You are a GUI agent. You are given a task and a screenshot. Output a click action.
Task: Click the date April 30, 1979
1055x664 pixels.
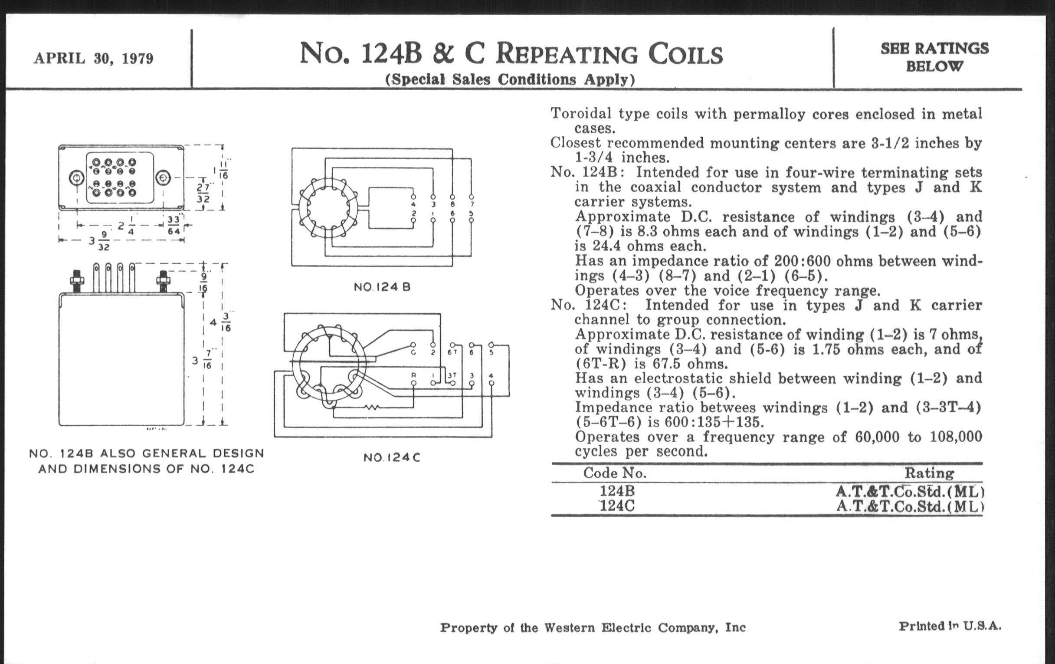93,58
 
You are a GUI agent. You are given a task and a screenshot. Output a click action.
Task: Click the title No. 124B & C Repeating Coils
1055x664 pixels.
511,54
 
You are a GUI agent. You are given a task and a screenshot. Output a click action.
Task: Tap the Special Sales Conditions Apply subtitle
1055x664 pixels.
510,79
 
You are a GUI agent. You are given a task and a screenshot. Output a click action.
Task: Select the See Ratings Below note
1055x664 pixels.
934,57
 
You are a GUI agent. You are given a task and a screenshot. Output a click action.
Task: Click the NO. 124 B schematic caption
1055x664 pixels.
382,287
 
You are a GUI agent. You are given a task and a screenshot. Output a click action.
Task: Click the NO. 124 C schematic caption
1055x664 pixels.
392,457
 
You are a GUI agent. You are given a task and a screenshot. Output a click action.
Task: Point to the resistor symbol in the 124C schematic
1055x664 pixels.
372,407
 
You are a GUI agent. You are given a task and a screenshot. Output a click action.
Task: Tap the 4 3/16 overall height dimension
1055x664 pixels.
220,322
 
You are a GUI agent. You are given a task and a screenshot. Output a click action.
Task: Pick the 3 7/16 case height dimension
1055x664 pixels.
202,360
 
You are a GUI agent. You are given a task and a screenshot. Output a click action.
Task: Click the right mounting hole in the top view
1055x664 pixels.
164,178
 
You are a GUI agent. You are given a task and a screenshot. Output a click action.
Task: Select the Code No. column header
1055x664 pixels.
614,473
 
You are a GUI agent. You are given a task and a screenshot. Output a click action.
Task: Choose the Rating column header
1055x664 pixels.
929,473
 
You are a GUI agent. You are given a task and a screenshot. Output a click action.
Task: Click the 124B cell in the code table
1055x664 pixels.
617,490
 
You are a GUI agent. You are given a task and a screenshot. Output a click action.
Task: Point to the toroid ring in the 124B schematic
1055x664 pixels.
328,208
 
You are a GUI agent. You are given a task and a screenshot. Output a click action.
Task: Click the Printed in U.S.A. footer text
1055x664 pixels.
950,626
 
